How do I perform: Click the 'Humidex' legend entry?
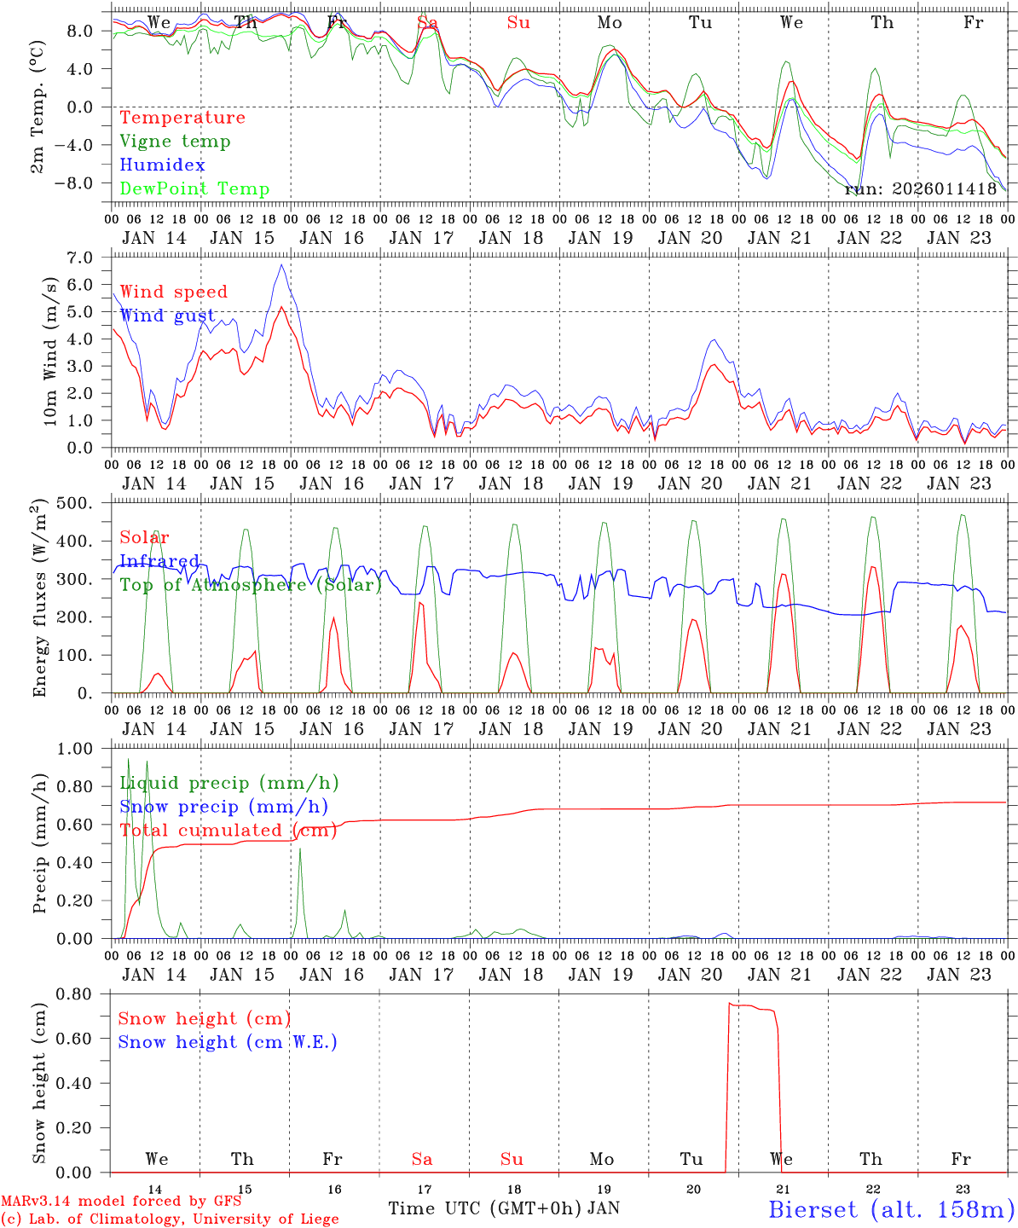click(162, 165)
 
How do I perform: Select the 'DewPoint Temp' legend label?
click(194, 189)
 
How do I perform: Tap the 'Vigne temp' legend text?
click(175, 142)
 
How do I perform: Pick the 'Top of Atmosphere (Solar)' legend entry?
click(251, 585)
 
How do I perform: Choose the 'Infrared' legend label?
click(159, 561)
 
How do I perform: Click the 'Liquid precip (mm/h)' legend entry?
click(229, 783)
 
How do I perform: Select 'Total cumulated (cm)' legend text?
click(228, 831)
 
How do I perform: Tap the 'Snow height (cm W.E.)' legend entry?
click(228, 1042)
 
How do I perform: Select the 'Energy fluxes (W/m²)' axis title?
click(39, 599)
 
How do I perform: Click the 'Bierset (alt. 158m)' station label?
click(891, 1208)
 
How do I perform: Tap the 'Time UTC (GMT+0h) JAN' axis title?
click(504, 1208)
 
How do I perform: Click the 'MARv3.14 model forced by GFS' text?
click(121, 1201)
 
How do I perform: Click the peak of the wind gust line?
click(281, 264)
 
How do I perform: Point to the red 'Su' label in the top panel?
click(518, 23)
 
